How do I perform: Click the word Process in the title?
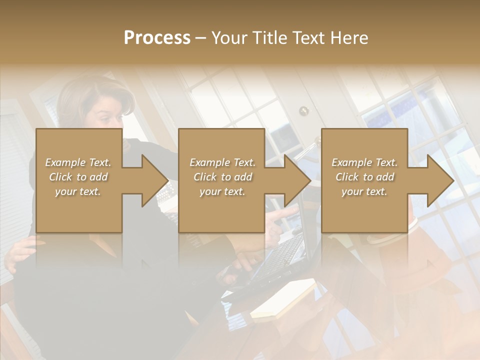coord(157,38)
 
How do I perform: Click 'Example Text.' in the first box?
coord(78,162)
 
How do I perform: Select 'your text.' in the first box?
coord(78,191)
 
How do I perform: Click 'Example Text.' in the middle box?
coord(222,162)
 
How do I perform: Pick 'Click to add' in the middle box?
coord(222,177)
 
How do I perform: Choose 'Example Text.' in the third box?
coord(364,162)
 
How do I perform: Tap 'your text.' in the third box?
coord(364,191)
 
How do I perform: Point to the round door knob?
coord(303,111)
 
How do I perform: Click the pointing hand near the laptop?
coord(280,217)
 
